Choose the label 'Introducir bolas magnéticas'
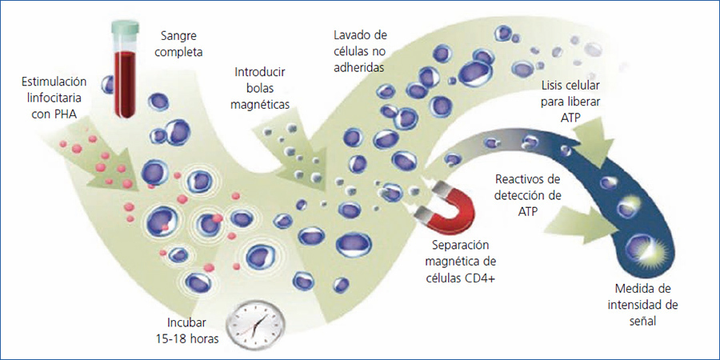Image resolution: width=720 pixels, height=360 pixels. [261, 87]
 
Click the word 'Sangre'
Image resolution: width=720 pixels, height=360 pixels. [178, 38]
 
